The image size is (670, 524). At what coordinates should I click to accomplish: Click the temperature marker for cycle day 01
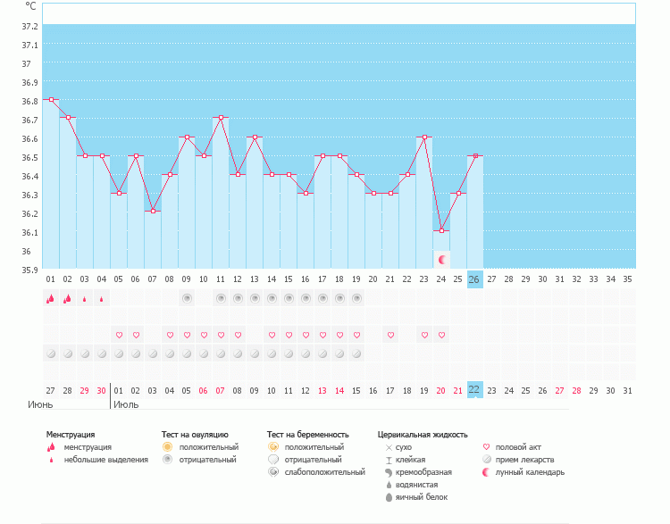pos(51,100)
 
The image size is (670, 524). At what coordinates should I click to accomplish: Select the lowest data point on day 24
pos(441,231)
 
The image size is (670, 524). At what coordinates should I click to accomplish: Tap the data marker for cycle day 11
pos(221,118)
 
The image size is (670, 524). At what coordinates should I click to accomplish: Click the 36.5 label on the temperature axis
pos(29,157)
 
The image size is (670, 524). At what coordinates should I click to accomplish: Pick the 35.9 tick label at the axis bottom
pos(29,270)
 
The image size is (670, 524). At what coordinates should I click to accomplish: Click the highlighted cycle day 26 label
pos(474,279)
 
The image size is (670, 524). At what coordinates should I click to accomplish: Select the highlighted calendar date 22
pos(474,389)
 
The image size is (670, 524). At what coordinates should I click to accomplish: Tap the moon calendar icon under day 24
pos(441,259)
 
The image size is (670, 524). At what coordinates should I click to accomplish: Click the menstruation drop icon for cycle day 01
pos(51,299)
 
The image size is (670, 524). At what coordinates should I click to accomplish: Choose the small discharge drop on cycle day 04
pos(102,299)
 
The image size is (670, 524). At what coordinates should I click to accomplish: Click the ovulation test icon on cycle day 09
pos(187,298)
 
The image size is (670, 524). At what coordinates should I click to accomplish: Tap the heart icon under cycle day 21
pos(390,335)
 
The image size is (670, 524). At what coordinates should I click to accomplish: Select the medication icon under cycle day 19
pos(356,353)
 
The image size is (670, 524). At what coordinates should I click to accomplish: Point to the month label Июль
pos(126,404)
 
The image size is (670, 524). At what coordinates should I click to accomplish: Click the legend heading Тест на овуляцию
pos(195,434)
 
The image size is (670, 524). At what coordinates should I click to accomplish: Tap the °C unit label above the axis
pos(31,5)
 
